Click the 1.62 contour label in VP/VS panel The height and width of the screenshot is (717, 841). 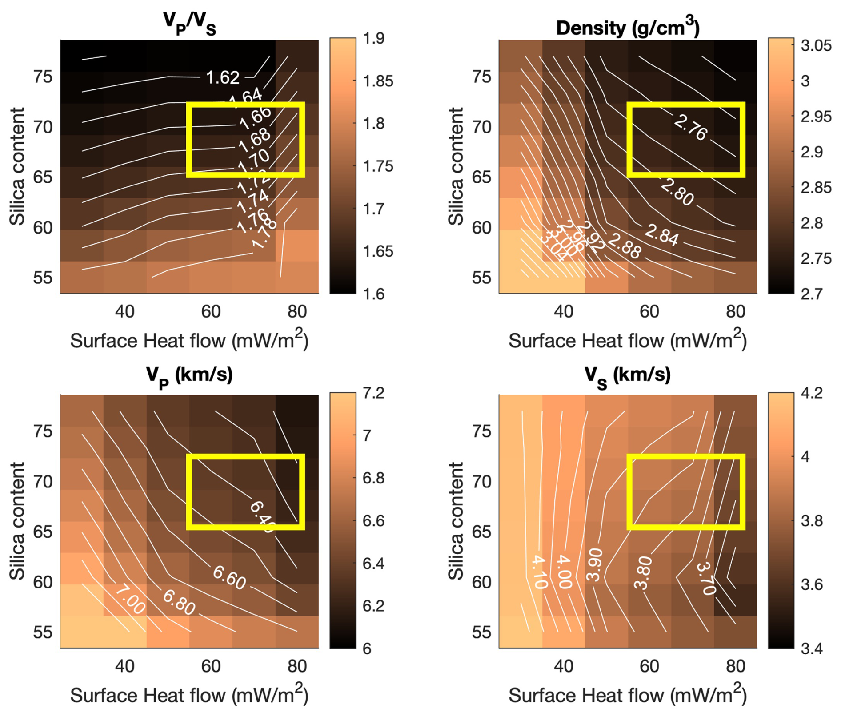click(x=223, y=78)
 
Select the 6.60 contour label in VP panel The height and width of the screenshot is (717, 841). click(x=229, y=578)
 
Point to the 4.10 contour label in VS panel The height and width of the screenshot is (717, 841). click(x=538, y=572)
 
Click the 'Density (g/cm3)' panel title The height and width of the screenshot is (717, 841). click(x=628, y=28)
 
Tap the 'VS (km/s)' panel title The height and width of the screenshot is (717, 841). click(x=627, y=376)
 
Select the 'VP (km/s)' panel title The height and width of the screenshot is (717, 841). click(x=189, y=376)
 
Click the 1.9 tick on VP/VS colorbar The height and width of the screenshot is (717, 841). click(x=373, y=39)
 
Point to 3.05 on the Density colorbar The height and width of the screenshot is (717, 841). click(x=816, y=45)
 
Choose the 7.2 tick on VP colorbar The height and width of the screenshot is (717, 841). click(x=373, y=393)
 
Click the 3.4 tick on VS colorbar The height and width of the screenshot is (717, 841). click(x=812, y=649)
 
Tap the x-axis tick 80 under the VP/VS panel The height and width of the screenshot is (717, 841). click(x=297, y=312)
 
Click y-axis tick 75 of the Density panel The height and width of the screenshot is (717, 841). click(x=481, y=77)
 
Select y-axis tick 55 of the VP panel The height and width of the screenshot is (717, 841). click(x=43, y=632)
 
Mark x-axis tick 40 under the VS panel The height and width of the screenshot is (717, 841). click(x=563, y=666)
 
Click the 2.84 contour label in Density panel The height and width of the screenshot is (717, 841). click(x=662, y=235)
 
